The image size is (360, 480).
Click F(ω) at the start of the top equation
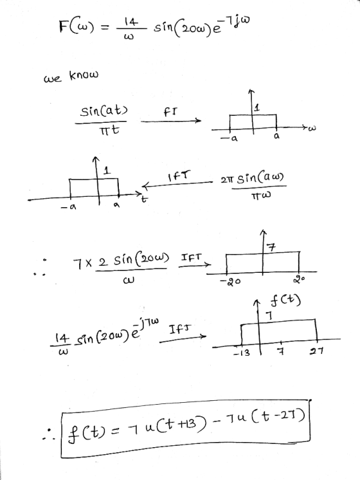click(76, 26)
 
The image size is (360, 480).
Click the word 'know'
click(84, 75)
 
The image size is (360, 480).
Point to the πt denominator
click(109, 131)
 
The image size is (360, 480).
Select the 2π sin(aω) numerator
click(252, 178)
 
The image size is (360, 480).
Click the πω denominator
click(261, 196)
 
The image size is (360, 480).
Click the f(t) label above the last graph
click(285, 300)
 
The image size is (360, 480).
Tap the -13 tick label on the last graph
click(242, 353)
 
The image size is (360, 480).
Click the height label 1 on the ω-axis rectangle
click(257, 107)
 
